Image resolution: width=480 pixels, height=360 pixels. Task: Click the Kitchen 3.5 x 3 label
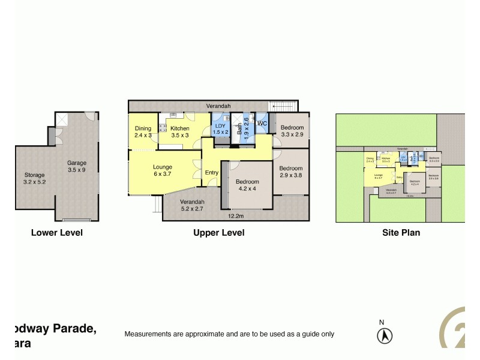(x=179, y=132)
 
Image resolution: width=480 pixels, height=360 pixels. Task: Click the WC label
(x=262, y=124)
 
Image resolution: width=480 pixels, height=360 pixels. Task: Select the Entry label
(x=212, y=173)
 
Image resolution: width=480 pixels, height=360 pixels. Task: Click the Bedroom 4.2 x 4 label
(x=247, y=185)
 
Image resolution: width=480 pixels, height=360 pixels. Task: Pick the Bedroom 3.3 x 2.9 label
(x=292, y=131)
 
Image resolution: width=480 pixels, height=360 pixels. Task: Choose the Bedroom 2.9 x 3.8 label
(x=291, y=172)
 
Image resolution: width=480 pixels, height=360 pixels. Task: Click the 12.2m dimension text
(x=235, y=216)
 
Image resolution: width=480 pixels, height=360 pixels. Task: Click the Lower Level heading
(x=56, y=233)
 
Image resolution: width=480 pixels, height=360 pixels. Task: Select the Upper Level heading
(x=218, y=233)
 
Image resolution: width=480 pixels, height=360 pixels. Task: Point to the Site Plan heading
(x=401, y=233)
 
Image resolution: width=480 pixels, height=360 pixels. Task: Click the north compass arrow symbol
(x=383, y=336)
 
